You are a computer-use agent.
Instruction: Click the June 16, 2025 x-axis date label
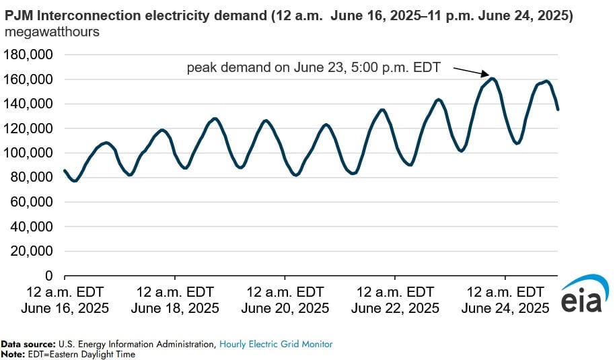click(65, 308)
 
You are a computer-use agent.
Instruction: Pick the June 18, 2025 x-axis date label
click(175, 308)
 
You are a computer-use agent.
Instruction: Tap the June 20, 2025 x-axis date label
click(285, 308)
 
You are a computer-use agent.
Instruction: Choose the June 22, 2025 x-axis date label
click(395, 308)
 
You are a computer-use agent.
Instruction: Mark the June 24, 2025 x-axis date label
click(505, 308)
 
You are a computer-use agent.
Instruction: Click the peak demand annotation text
click(317, 68)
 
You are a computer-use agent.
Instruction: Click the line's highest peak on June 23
click(493, 79)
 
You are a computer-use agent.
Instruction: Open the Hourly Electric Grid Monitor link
click(275, 344)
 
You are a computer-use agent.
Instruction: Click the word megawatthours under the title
click(52, 32)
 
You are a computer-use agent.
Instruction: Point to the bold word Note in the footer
click(11, 354)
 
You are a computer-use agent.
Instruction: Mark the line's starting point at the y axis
click(65, 171)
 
